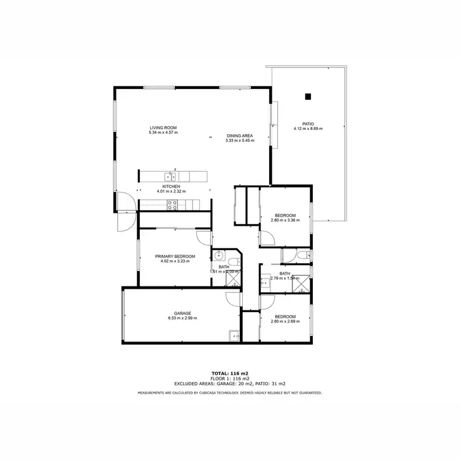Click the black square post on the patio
pos(308,96)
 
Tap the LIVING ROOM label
pos(163,128)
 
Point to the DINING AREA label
pos(240,136)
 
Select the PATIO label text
pos(308,123)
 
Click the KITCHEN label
pos(171,186)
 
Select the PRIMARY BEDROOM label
pos(175,256)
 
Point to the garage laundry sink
pos(234,335)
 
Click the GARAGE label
pos(182,313)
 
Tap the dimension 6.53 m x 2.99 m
pos(182,318)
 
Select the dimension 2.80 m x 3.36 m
pos(285,220)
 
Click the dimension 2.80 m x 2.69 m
pos(285,321)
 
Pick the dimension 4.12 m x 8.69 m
pos(308,129)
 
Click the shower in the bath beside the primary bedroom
pos(234,279)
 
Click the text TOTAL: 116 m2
pos(229,374)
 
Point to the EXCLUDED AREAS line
pos(229,383)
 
